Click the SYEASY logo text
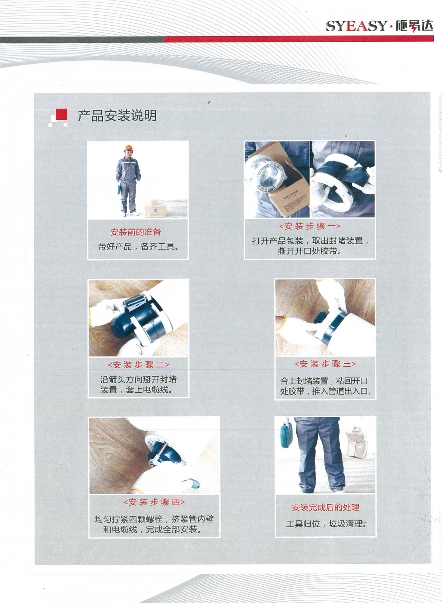[356, 26]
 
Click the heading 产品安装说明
[117, 116]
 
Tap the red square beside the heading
[61, 114]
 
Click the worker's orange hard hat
[128, 148]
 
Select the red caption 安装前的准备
[136, 232]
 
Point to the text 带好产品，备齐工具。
[138, 246]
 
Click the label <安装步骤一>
[310, 226]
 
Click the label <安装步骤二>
[139, 365]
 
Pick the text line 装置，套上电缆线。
[136, 390]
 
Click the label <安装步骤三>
[325, 364]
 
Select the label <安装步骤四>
[154, 502]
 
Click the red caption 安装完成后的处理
[326, 507]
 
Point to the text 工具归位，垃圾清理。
[326, 524]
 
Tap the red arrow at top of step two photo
[111, 310]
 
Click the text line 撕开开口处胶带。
[310, 251]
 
